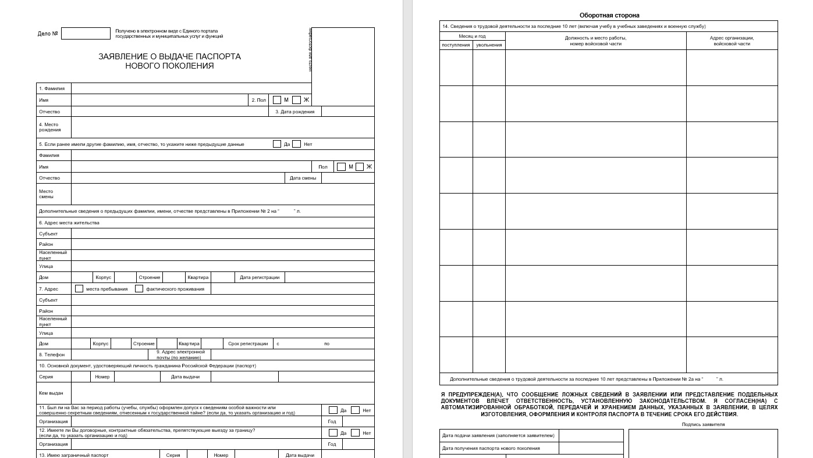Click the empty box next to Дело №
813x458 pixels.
[x=86, y=34]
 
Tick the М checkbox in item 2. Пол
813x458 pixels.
[x=277, y=100]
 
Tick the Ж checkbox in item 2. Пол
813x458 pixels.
[x=296, y=100]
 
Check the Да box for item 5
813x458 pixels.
[x=277, y=144]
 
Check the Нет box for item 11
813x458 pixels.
[x=355, y=410]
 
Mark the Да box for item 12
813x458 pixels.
[x=333, y=433]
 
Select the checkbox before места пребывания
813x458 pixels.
[x=79, y=288]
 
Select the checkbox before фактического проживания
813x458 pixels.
[x=139, y=288]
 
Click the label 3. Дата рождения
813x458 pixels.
[x=294, y=112]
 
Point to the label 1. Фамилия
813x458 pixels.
[x=52, y=88]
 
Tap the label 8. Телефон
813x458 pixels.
[x=52, y=355]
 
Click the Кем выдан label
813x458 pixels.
[x=51, y=393]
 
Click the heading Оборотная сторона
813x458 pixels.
[x=609, y=15]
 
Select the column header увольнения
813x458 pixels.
[x=489, y=45]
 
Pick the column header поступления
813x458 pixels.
[x=456, y=45]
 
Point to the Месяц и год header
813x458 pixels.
[x=472, y=36]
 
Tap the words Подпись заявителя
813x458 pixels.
[x=703, y=424]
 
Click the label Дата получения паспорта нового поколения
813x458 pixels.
[x=491, y=448]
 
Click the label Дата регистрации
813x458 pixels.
[x=260, y=277]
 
